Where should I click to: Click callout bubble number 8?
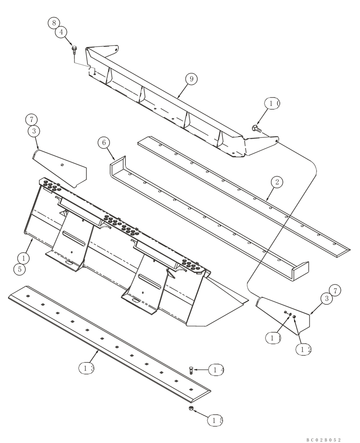tap(54, 22)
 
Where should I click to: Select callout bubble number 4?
tap(61, 32)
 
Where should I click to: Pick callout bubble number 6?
tap(104, 143)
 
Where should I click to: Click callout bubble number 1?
tap(23, 257)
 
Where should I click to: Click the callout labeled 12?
tap(304, 349)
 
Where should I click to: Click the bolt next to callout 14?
tap(191, 369)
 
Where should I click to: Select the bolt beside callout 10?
tap(256, 128)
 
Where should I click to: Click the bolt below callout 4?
tap(74, 50)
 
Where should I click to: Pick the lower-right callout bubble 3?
tap(327, 299)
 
